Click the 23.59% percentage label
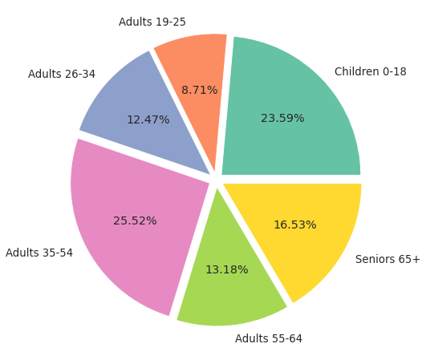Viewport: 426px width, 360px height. pos(282,118)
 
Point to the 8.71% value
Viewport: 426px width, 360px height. pos(200,90)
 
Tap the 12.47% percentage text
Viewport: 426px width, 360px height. pos(148,119)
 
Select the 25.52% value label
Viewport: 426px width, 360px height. pos(135,220)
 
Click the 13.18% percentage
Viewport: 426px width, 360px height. pos(227,269)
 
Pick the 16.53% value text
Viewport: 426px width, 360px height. pos(295,224)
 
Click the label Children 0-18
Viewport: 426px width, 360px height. pos(371,71)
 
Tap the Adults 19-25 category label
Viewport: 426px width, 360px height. pos(152,22)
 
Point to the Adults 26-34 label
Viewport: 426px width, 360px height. pos(62,74)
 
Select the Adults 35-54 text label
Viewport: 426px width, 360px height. pos(39,253)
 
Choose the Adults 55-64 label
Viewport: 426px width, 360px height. pos(269,338)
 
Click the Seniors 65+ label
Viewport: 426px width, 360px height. pos(387,259)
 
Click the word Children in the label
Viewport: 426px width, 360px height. pos(357,71)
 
